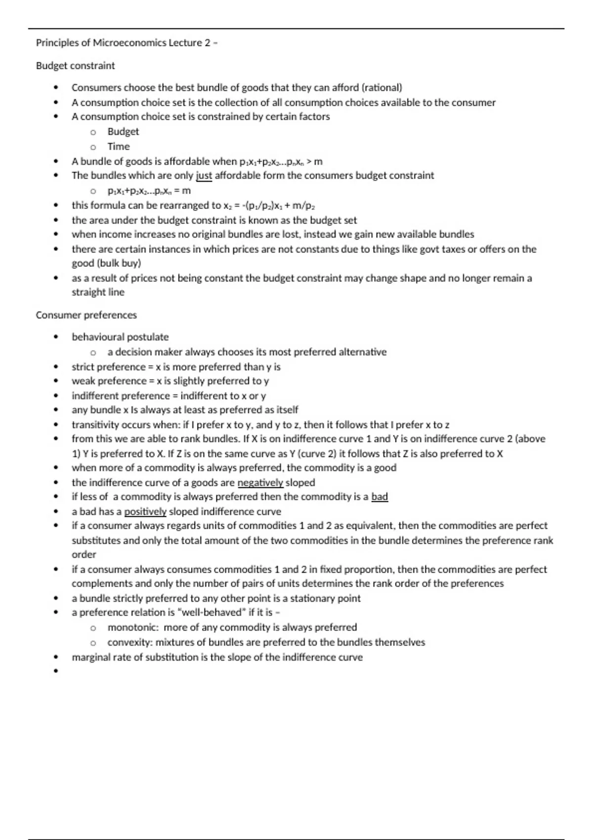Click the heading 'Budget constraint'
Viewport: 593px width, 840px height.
tap(75, 66)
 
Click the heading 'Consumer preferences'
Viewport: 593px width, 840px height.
tap(86, 315)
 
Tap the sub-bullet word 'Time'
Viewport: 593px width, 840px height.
tap(119, 146)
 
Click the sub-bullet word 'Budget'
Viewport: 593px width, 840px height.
tap(123, 131)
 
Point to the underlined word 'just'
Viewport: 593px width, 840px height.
tap(204, 175)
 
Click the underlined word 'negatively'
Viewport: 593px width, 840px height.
tap(260, 483)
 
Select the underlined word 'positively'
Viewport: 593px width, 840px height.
tap(145, 511)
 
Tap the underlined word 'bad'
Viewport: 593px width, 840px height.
tap(380, 497)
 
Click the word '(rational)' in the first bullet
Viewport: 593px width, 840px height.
tap(382, 87)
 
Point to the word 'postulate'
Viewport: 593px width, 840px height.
tap(148, 337)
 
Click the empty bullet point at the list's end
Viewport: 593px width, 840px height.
tap(56, 671)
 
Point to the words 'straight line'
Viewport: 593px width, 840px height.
tap(98, 292)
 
